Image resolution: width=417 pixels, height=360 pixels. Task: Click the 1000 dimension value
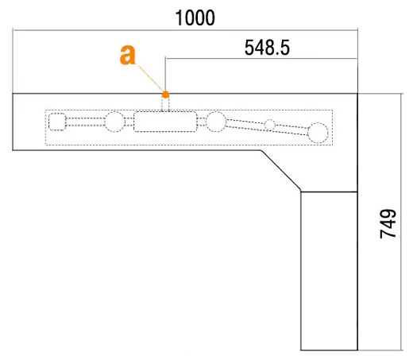[195, 17]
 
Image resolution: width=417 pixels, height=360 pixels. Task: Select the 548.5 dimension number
[267, 48]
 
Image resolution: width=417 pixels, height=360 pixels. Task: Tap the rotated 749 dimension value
[388, 224]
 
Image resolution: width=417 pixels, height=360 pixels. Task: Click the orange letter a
[128, 55]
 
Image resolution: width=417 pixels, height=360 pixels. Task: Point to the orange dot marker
[165, 95]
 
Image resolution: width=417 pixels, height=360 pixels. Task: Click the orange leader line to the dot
[151, 79]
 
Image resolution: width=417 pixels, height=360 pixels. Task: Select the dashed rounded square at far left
[57, 122]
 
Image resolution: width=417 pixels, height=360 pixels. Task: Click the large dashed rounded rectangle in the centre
[165, 122]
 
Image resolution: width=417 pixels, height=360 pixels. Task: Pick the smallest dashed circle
[270, 125]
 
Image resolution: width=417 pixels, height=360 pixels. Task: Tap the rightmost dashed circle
[318, 133]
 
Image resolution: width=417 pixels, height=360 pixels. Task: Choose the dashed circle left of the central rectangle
[115, 122]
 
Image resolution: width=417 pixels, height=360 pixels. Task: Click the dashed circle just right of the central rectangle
[216, 122]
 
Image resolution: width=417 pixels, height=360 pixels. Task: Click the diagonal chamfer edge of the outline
[281, 171]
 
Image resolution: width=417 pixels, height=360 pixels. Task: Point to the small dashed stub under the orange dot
[165, 104]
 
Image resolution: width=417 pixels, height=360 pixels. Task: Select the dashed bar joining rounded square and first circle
[85, 122]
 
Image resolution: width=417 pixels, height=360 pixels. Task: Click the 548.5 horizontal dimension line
[261, 58]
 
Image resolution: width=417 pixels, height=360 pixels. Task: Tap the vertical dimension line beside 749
[401, 222]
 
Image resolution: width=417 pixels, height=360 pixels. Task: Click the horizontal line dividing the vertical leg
[330, 192]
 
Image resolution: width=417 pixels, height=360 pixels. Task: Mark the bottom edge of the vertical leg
[330, 350]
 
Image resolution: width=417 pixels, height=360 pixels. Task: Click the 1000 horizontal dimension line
[185, 30]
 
